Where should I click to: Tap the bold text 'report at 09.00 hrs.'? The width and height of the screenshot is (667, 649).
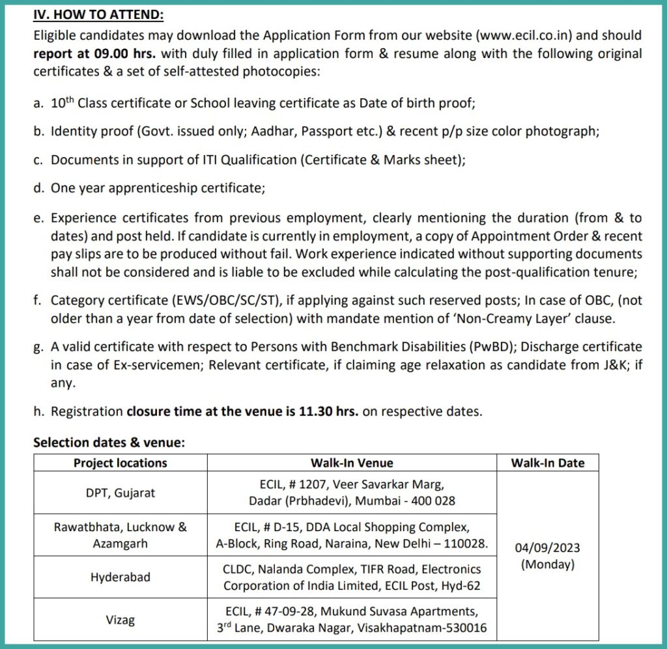pos(94,53)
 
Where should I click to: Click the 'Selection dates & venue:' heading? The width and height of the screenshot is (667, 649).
pos(109,442)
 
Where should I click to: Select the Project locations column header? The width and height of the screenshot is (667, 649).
pos(120,463)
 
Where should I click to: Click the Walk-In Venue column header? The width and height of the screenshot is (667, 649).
pos(352,463)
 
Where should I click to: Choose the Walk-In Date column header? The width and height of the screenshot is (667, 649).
pos(547,463)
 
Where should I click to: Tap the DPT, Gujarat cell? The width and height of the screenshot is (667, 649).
pos(121,493)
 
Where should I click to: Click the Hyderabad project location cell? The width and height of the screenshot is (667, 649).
pos(121,577)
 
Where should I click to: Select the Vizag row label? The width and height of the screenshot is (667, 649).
pos(121,620)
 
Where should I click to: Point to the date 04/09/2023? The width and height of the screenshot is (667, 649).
pos(547,547)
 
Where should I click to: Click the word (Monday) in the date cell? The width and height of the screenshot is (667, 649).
pos(547,564)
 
